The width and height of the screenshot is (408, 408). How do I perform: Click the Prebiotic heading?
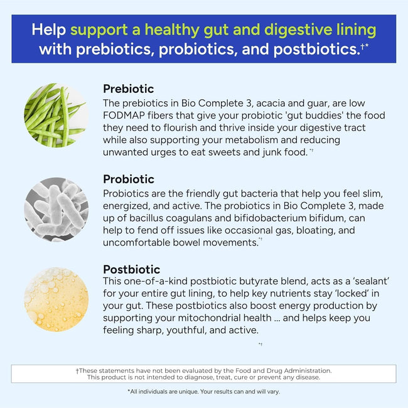[128, 89]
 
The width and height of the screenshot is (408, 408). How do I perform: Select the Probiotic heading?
[128, 180]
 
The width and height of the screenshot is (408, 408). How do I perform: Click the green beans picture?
[56, 115]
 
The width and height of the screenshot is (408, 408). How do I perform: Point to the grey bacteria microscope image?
[56, 209]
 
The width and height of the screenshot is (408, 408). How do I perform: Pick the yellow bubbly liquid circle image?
[56, 299]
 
